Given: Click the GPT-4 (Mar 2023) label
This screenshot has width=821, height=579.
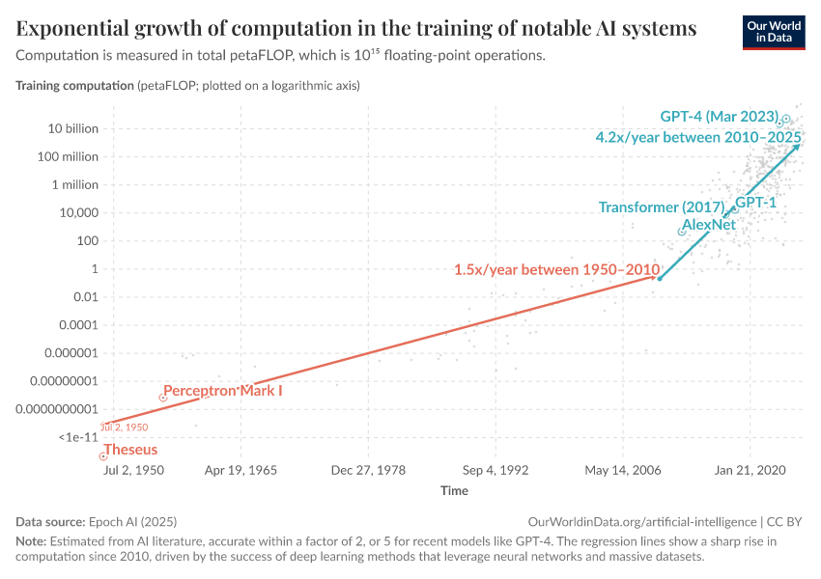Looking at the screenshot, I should pyautogui.click(x=719, y=117).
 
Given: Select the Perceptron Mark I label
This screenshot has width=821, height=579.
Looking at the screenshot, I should pyautogui.click(x=222, y=391).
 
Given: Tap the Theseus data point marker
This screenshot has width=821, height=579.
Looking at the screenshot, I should pyautogui.click(x=102, y=456).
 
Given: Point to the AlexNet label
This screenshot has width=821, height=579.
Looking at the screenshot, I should pyautogui.click(x=709, y=225).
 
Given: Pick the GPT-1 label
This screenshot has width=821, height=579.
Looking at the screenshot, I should pyautogui.click(x=756, y=203).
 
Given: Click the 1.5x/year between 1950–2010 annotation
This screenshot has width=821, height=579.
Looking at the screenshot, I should pyautogui.click(x=556, y=269).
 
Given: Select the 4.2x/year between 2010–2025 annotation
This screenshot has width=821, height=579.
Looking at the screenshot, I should pyautogui.click(x=698, y=138).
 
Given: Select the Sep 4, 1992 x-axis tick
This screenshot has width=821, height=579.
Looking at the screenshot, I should pyautogui.click(x=495, y=471).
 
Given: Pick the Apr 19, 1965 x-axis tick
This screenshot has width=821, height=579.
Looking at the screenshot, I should pyautogui.click(x=240, y=471).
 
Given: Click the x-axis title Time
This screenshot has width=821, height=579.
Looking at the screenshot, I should pyautogui.click(x=454, y=490).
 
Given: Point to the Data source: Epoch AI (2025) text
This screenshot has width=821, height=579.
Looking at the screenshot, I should pyautogui.click(x=97, y=520).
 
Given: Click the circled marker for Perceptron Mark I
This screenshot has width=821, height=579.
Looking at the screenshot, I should pyautogui.click(x=162, y=398).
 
